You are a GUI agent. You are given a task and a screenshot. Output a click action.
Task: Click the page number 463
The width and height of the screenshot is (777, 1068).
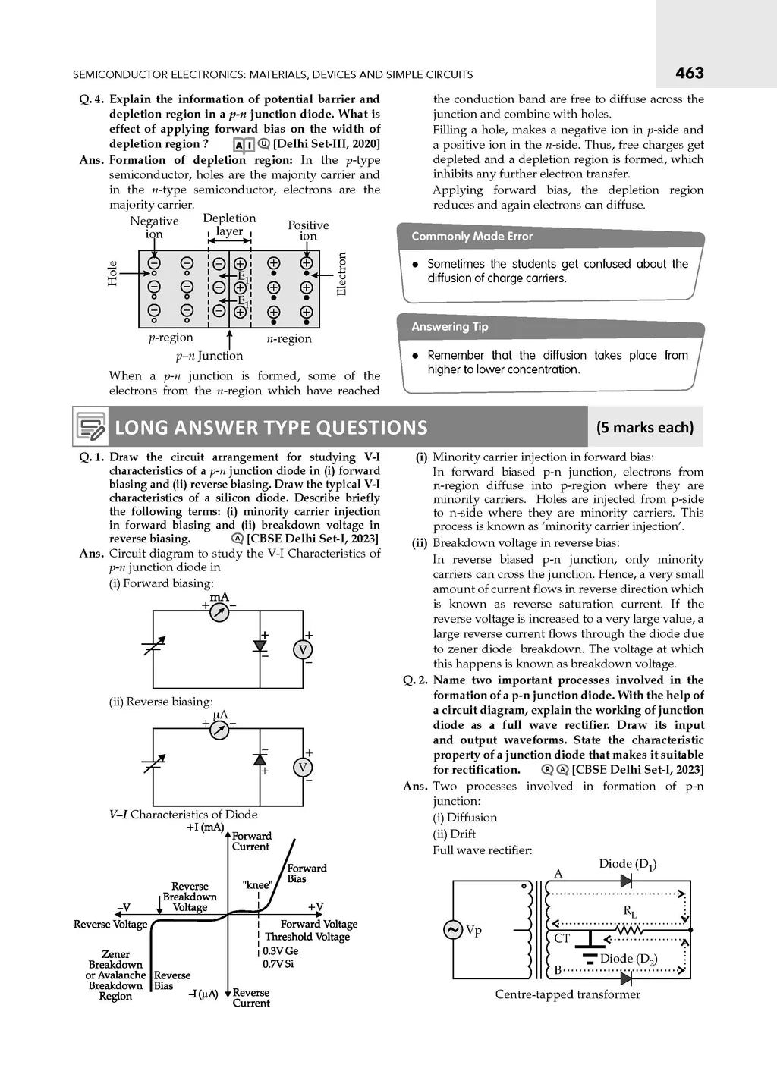coord(689,73)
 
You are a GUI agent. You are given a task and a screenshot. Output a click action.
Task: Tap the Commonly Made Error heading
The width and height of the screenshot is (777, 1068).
coord(472,237)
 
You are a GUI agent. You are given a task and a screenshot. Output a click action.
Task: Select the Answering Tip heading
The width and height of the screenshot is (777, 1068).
coord(450,327)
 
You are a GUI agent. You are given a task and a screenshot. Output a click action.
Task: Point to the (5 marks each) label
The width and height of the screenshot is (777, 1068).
coord(645,427)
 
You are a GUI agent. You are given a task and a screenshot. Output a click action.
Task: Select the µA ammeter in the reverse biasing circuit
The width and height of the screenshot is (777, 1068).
coord(219,729)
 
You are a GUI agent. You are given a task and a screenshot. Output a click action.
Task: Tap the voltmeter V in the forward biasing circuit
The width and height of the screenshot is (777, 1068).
coord(303,649)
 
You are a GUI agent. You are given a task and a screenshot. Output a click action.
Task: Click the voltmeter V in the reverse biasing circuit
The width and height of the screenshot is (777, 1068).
coord(303,768)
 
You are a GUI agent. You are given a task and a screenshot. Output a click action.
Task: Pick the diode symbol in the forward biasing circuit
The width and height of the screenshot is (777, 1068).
coord(260,646)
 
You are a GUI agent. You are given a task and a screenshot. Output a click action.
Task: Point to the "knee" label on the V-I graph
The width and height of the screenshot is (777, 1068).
coord(257,884)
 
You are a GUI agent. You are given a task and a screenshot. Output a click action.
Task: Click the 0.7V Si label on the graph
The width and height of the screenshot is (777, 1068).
coord(278,963)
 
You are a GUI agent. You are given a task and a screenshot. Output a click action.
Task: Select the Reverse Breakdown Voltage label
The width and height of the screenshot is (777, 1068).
coord(190,897)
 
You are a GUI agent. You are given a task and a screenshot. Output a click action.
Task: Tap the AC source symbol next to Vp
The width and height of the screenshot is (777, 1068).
coord(453,930)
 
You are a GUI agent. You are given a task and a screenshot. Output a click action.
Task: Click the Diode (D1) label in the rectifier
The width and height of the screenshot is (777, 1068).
coord(628,864)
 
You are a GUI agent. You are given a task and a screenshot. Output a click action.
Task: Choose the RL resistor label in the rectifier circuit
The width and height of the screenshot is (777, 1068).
coord(630,911)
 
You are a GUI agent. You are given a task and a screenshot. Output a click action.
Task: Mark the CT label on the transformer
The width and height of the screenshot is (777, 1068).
coord(562,938)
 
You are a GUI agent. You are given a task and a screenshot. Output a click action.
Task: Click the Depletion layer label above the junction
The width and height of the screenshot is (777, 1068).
coord(229,225)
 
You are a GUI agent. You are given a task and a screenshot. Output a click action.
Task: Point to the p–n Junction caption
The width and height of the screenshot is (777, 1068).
coord(209,356)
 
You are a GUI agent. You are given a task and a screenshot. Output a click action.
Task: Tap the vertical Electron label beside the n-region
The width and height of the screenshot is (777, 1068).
coord(341,274)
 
